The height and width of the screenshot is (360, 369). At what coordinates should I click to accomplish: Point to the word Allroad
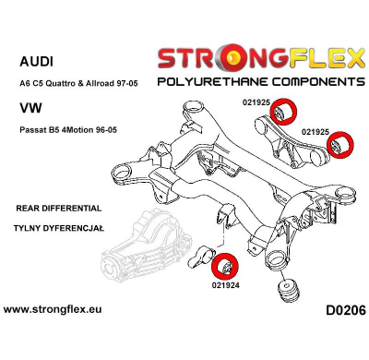[x=126, y=82]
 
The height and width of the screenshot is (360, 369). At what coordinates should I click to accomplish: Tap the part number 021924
[x=223, y=286]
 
